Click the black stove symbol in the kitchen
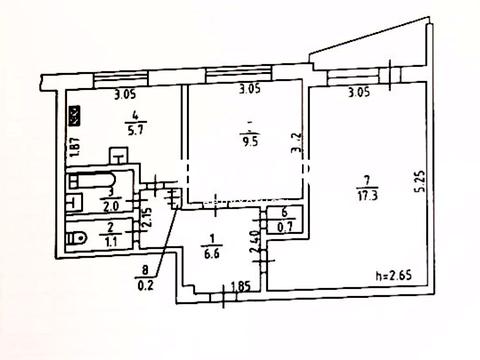(x=72, y=116)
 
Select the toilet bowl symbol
(x=76, y=240)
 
